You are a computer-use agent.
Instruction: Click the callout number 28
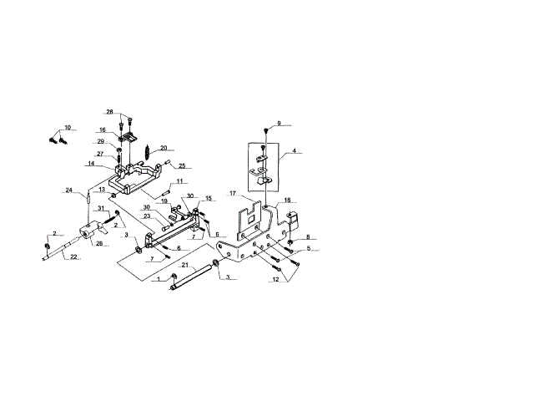109,112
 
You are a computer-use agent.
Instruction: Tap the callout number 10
68,128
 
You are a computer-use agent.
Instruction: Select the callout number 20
163,149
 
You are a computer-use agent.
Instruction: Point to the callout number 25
183,165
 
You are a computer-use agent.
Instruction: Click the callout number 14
90,164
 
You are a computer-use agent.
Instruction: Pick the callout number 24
69,190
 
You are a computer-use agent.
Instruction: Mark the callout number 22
74,256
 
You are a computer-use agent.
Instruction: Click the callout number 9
280,124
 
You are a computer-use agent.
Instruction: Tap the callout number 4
293,152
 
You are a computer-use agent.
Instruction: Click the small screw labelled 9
265,130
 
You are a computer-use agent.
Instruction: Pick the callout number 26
98,244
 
